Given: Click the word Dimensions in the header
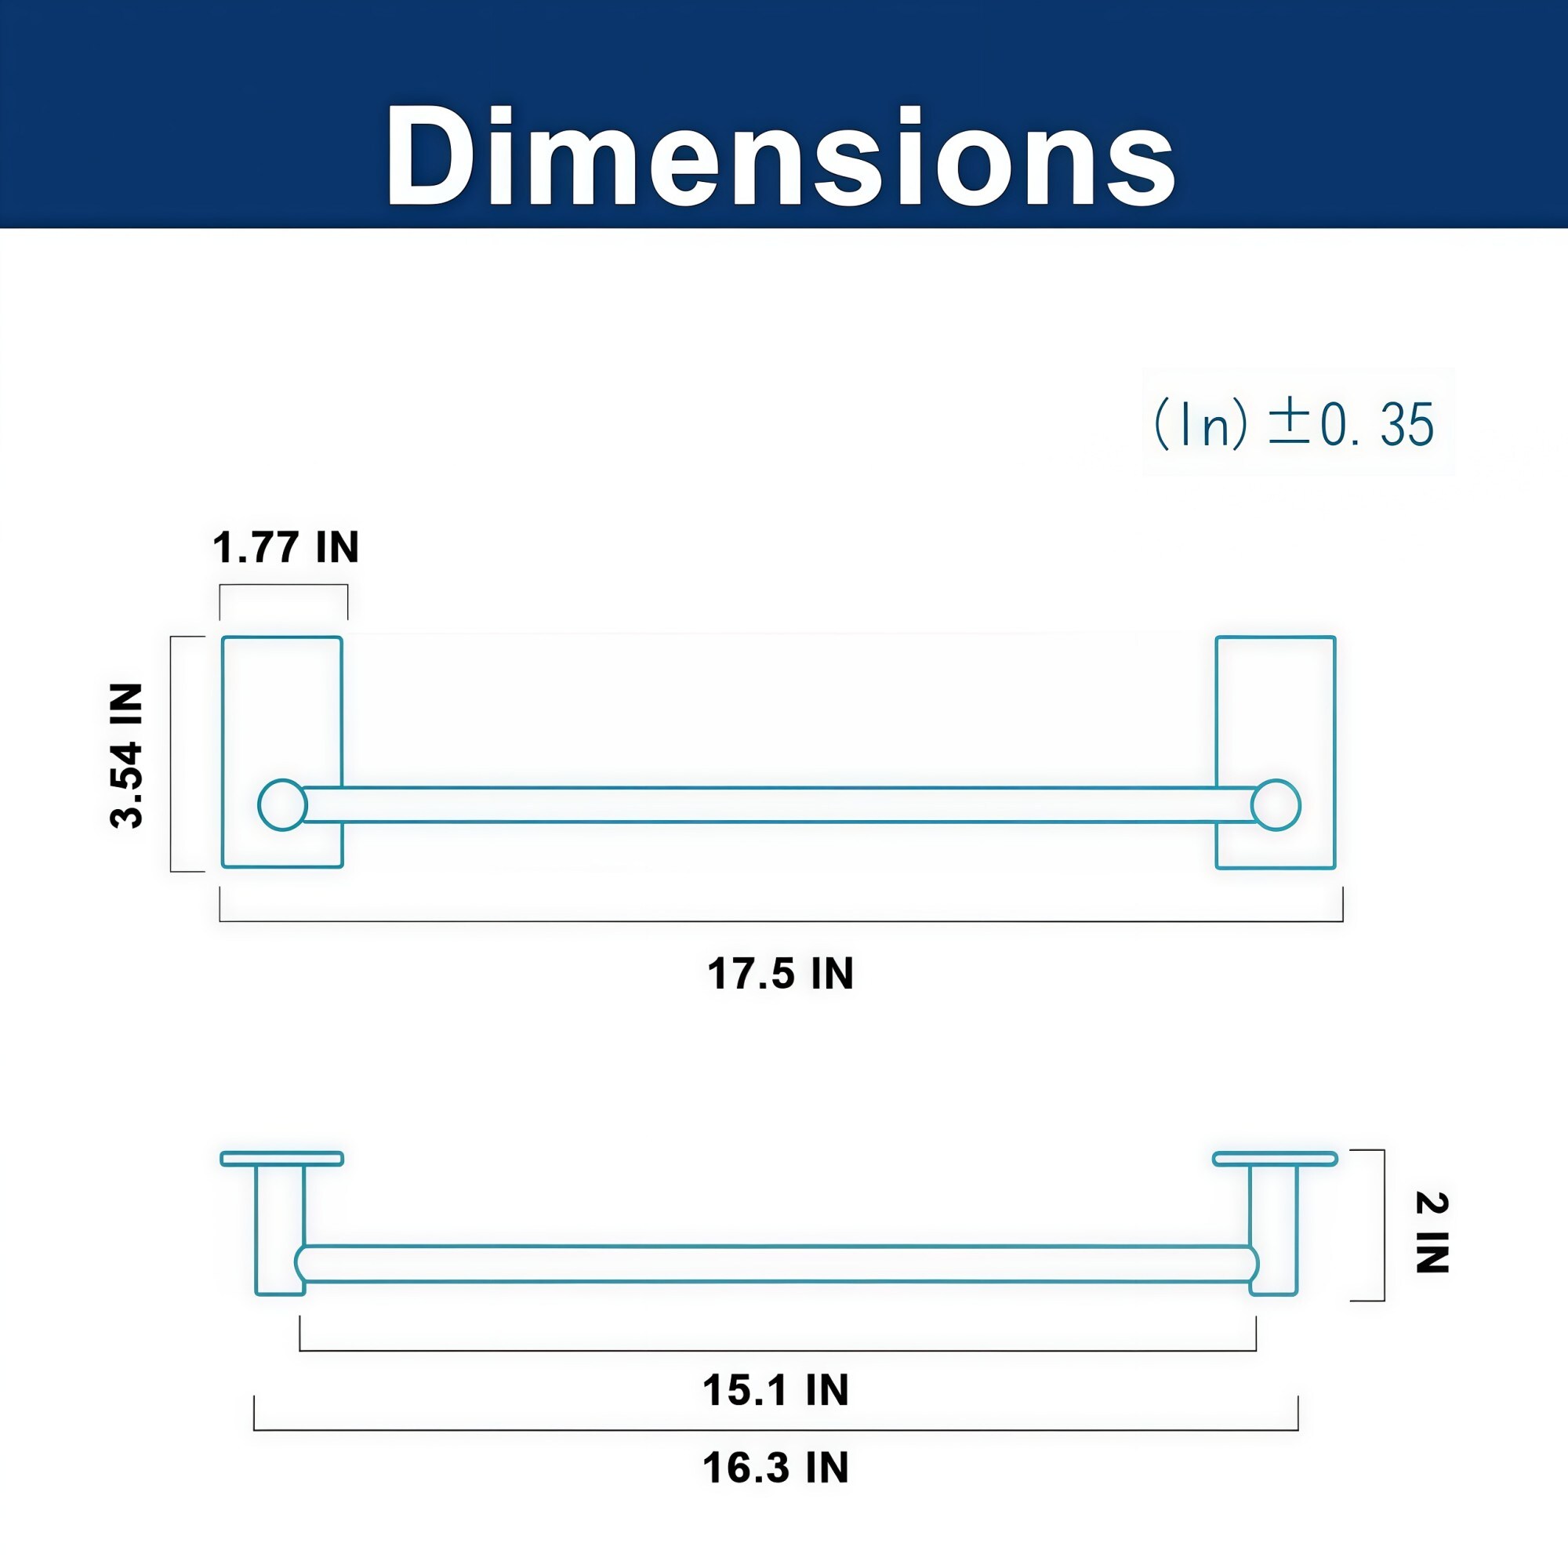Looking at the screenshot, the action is tap(780, 156).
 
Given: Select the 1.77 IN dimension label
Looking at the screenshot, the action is tap(285, 547).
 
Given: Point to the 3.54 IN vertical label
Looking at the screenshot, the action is tap(126, 755).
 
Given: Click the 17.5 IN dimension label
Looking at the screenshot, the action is tap(780, 973).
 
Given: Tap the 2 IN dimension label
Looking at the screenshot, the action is tap(1432, 1232).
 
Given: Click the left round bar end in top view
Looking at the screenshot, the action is tap(282, 805).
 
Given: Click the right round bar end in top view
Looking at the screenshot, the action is tap(1276, 805).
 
